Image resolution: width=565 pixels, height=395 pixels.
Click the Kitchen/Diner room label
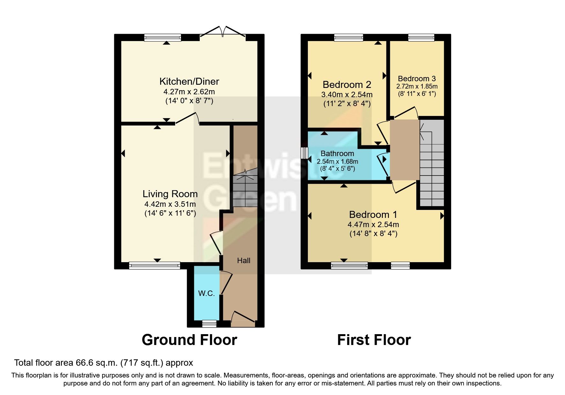[x=189, y=81]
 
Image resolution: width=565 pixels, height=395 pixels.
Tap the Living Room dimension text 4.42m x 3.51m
[x=170, y=204]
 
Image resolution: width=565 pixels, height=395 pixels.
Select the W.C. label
[x=206, y=293]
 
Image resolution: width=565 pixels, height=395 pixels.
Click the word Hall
[x=243, y=261]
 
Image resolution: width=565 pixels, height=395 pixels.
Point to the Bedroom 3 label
[x=417, y=79]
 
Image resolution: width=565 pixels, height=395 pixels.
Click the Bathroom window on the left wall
[x=305, y=153]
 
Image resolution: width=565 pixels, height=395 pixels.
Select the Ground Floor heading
[x=189, y=340]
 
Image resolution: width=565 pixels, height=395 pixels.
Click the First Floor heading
[x=374, y=340]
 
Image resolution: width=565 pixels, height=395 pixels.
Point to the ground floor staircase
[x=245, y=190]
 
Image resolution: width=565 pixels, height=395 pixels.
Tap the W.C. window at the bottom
[x=209, y=324]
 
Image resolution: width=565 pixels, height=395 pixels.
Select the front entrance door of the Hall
[x=243, y=319]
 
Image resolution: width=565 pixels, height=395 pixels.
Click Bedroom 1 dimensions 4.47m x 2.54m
[x=373, y=225]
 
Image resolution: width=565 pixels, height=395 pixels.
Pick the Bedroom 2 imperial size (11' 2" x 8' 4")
[x=347, y=104]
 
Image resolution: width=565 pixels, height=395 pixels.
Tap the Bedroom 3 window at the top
[x=421, y=38]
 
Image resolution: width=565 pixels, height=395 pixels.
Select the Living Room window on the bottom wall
[x=154, y=265]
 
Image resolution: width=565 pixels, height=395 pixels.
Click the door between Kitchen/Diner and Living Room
[x=188, y=118]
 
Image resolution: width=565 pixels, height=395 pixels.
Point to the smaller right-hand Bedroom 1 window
[x=400, y=265]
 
